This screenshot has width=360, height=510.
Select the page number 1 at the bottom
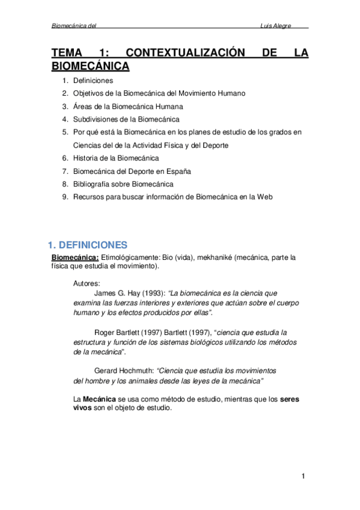coord(304,477)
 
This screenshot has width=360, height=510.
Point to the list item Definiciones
coord(93,80)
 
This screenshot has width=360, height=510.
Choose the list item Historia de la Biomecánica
coord(116,158)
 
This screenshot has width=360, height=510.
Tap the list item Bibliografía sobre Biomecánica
coord(123,184)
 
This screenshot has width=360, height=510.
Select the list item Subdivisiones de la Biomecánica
coord(126,119)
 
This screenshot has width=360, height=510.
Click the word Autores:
coord(87,283)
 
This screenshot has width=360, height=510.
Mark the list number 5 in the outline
coord(64,132)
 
